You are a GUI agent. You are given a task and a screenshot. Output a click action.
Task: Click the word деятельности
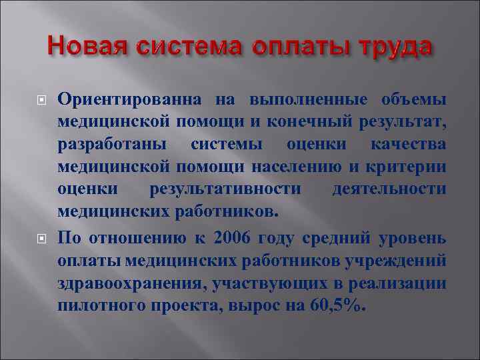389,189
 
